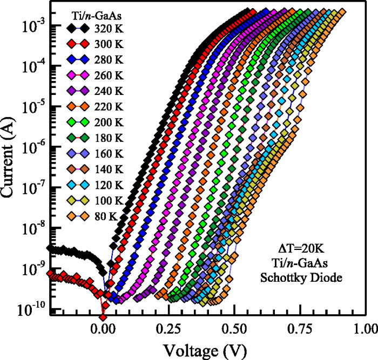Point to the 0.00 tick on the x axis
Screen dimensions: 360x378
(103, 328)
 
